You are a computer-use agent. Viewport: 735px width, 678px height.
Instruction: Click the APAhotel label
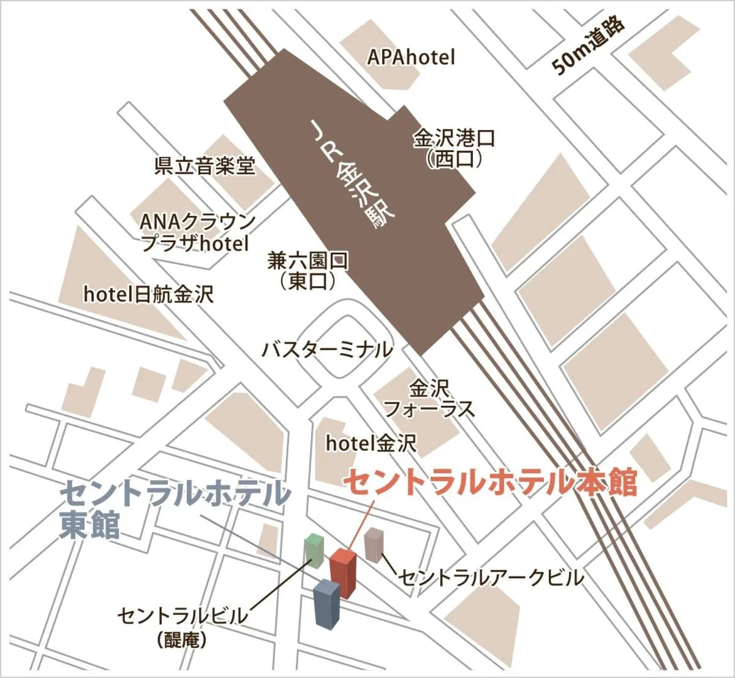point(411,57)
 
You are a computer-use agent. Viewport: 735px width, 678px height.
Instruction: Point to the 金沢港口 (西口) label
point(454,148)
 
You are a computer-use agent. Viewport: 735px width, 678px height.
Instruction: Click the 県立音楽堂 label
point(204,166)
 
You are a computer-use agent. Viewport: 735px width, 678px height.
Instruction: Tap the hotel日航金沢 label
point(148,294)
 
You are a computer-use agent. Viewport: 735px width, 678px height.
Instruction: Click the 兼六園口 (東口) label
point(308,270)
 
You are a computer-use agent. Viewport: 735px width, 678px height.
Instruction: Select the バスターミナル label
point(326,350)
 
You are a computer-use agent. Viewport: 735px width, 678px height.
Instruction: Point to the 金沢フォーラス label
point(429,398)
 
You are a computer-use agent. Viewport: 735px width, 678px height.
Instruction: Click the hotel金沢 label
point(371,443)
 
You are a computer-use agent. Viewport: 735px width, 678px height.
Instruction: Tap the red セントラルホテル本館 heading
point(490,482)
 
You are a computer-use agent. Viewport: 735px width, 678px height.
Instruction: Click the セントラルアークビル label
point(491,577)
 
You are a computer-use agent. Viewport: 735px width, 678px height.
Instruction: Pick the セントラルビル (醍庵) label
point(183,624)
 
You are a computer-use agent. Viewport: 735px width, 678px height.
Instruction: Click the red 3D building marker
point(343,573)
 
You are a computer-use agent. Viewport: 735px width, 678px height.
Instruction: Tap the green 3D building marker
point(314,550)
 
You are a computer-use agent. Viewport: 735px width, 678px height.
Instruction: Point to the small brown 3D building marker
point(373,546)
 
